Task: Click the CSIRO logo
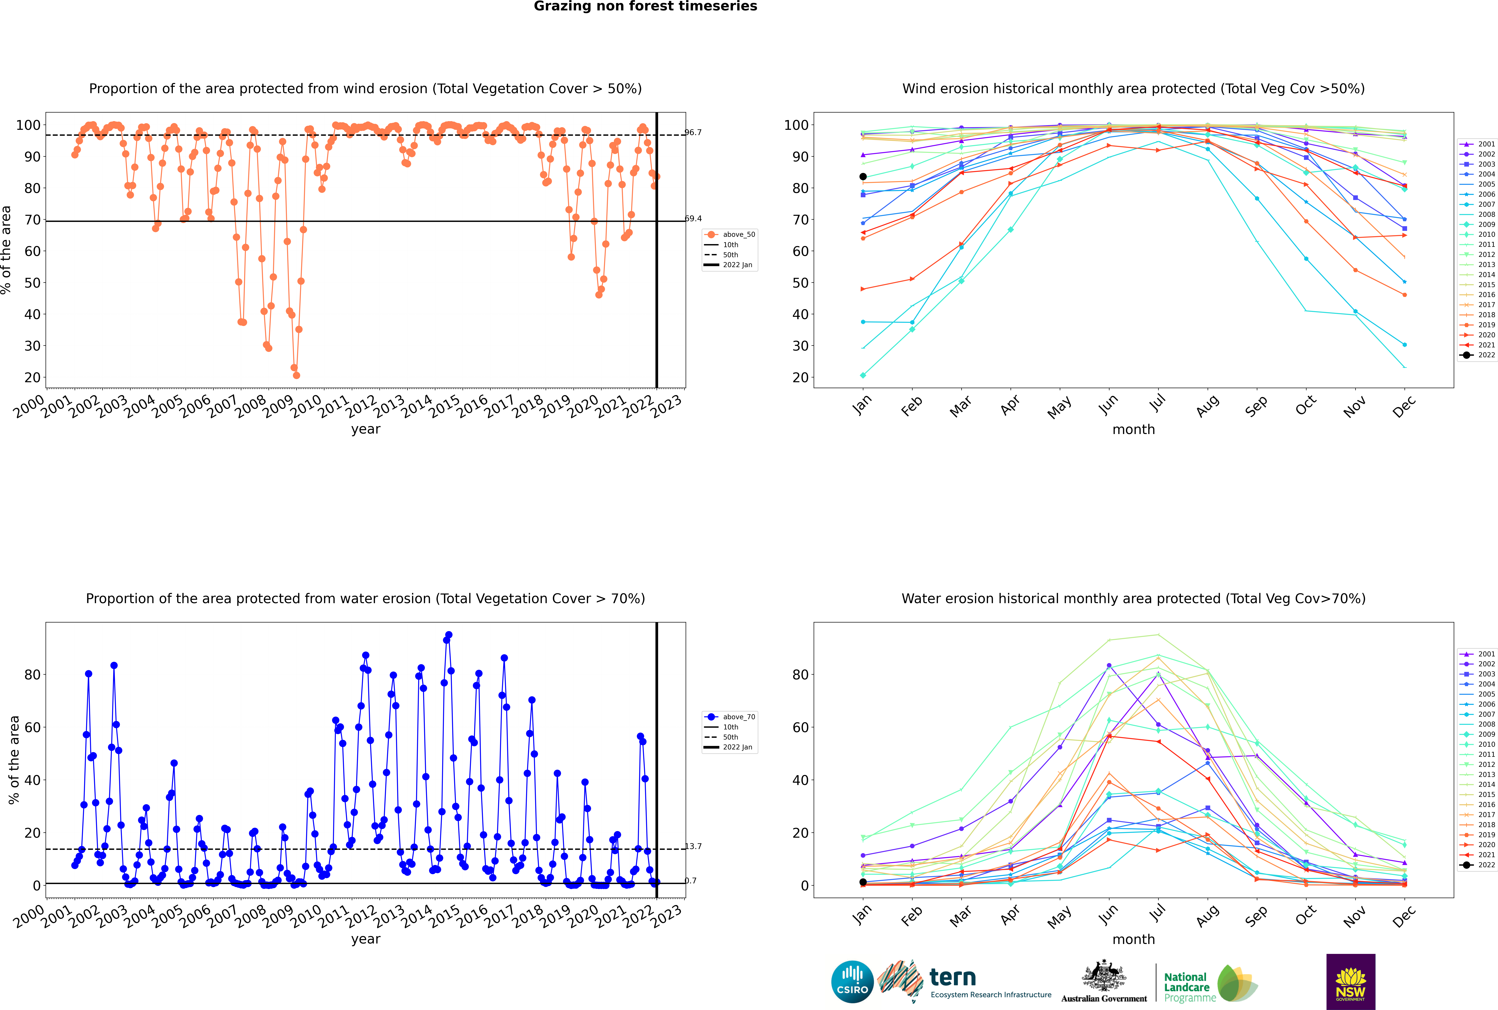click(x=852, y=982)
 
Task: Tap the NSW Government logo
click(x=1350, y=982)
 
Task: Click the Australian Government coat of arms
click(x=1104, y=976)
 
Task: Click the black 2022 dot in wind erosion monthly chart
click(x=863, y=176)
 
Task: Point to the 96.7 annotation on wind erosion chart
click(x=693, y=132)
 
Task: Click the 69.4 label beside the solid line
click(x=693, y=218)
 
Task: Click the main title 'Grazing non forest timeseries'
click(x=645, y=6)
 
